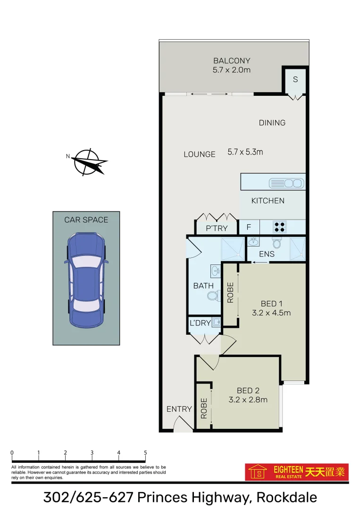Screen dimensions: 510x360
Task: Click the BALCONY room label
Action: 231,61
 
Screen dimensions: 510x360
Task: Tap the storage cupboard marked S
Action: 295,79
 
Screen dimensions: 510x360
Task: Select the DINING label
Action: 272,123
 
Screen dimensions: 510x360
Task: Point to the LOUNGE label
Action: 200,154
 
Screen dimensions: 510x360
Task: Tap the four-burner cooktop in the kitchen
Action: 279,227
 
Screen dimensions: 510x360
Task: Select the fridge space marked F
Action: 249,228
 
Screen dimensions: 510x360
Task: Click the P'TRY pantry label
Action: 217,229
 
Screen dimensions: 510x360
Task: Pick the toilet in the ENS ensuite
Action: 278,243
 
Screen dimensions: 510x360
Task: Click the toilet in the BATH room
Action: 213,296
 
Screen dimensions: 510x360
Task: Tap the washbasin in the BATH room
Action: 215,272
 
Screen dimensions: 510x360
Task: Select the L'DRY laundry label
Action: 200,323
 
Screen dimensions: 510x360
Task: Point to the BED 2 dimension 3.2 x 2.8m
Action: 248,399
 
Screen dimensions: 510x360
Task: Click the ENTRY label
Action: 179,409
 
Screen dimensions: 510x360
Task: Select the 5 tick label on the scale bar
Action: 145,453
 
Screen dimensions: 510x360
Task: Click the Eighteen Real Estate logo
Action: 297,471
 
